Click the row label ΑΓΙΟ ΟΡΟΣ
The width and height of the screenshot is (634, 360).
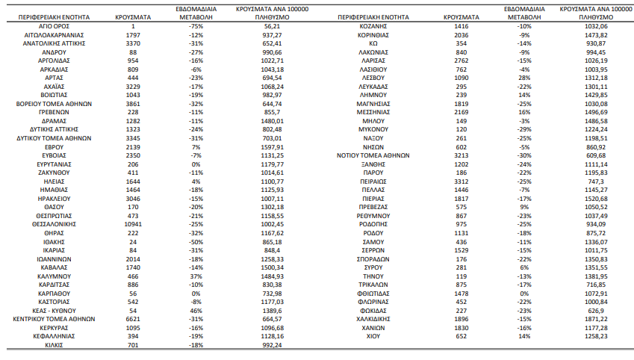coord(54,26)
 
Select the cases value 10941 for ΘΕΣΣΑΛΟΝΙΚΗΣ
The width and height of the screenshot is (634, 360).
coord(133,224)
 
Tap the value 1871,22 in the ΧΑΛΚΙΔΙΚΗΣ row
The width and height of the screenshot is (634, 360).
coord(596,319)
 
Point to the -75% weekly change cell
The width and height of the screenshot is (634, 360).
coord(196,26)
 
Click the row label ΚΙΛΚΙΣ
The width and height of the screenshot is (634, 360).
coord(54,345)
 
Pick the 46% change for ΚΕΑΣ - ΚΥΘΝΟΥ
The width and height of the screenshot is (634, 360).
coord(196,311)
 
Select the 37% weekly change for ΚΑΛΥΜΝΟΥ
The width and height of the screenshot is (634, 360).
coord(196,276)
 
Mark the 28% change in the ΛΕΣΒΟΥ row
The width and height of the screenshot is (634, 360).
coord(524,78)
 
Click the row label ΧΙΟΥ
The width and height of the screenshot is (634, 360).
coord(373,336)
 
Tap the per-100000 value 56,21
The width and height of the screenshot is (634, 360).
coord(272,26)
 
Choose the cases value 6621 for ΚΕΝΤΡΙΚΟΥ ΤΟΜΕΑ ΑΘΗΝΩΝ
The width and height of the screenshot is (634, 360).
coord(133,319)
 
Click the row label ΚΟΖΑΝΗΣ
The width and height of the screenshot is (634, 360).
coord(373,26)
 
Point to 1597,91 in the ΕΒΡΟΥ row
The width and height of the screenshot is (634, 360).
coord(272,147)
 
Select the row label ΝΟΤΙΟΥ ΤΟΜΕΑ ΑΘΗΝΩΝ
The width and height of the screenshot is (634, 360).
coord(373,155)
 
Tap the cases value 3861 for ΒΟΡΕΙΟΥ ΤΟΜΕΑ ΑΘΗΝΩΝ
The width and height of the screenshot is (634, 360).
coord(133,104)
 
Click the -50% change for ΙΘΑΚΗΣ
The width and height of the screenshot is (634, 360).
coord(196,242)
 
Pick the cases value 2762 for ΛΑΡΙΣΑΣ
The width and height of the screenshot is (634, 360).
coord(461,60)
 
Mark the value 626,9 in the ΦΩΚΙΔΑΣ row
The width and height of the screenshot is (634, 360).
coord(596,311)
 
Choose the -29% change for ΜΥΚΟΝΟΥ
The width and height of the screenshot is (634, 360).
coord(524,129)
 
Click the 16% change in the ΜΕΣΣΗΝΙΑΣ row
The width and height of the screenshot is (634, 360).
coord(524,112)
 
